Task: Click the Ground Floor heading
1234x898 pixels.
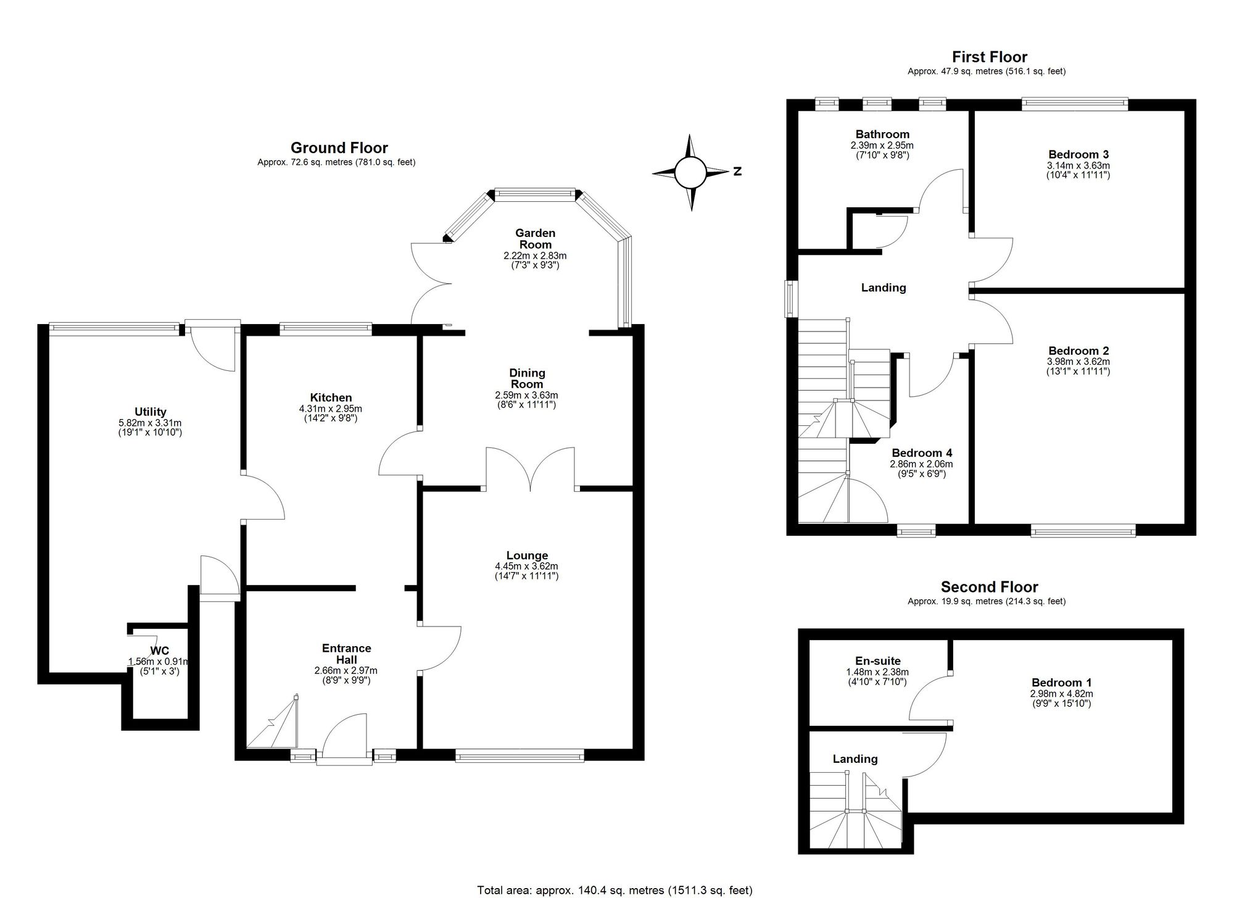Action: point(339,148)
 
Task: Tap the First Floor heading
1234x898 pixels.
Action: point(990,57)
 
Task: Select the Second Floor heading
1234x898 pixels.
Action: point(990,587)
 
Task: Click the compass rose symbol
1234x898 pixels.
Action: point(691,172)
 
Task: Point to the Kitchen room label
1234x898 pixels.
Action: point(331,397)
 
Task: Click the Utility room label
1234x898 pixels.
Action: point(151,412)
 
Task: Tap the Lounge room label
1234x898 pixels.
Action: point(527,555)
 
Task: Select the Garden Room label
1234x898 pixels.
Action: point(535,239)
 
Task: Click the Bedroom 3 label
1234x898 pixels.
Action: point(1079,154)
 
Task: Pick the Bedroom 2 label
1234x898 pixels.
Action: point(1079,351)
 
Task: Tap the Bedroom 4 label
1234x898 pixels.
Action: point(921,452)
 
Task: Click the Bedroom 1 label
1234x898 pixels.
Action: point(1062,683)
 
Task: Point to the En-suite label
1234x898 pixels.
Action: point(877,661)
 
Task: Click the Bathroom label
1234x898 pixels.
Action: point(882,134)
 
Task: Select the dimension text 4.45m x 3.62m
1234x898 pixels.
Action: point(527,566)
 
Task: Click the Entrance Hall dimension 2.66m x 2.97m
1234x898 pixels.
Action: point(346,670)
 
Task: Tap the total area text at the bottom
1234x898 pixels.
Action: point(615,890)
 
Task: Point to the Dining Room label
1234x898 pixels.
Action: point(527,378)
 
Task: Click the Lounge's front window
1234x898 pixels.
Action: point(520,755)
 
